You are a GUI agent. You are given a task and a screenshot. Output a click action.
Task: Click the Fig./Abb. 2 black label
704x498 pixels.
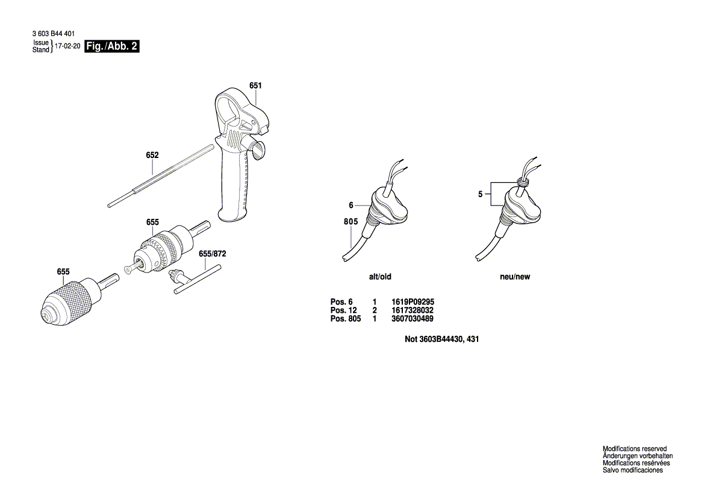tap(112, 46)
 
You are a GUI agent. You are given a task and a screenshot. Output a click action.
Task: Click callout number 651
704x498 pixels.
tap(255, 86)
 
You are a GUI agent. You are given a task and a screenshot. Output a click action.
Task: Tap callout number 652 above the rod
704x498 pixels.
tap(152, 155)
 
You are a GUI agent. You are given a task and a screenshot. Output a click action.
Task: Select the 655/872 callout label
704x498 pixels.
tap(212, 254)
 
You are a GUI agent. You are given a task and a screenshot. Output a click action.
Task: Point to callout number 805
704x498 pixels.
tap(351, 222)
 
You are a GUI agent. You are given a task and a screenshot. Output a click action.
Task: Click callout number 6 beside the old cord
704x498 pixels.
tap(350, 204)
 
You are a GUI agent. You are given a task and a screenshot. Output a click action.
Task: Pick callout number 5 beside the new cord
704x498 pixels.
tap(481, 194)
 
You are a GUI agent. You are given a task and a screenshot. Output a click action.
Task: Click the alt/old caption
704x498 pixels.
tap(380, 277)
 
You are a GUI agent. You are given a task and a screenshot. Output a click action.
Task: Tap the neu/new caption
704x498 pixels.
tap(515, 277)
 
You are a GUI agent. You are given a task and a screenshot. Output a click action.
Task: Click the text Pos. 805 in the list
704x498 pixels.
tap(346, 318)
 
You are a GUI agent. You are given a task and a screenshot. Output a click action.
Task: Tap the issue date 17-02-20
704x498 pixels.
tap(67, 46)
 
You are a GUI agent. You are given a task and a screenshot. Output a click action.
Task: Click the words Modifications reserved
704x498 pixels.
tap(635, 449)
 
